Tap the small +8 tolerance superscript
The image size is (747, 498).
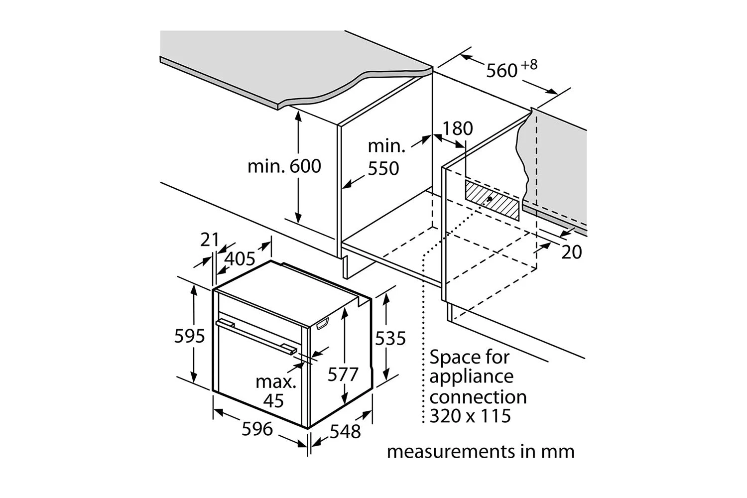[x=529, y=65]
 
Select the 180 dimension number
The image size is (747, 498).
[x=458, y=128]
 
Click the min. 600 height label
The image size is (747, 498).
[x=284, y=166]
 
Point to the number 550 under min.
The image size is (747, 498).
[x=383, y=168]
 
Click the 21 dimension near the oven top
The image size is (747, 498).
[x=210, y=240]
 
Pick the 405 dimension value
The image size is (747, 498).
[x=240, y=258]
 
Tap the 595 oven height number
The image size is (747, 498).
[x=189, y=336]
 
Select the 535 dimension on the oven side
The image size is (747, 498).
[x=390, y=338]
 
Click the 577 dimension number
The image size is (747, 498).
[x=343, y=374]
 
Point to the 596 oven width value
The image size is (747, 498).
[x=257, y=429]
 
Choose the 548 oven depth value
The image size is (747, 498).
[x=345, y=432]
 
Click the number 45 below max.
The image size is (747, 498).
[x=273, y=400]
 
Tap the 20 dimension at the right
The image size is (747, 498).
[x=572, y=252]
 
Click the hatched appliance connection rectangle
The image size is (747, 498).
[x=492, y=201]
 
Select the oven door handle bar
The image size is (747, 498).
[x=256, y=336]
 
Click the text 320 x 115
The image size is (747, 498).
[x=470, y=416]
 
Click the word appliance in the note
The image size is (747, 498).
[x=471, y=377]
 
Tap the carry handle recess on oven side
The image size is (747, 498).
[x=323, y=324]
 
